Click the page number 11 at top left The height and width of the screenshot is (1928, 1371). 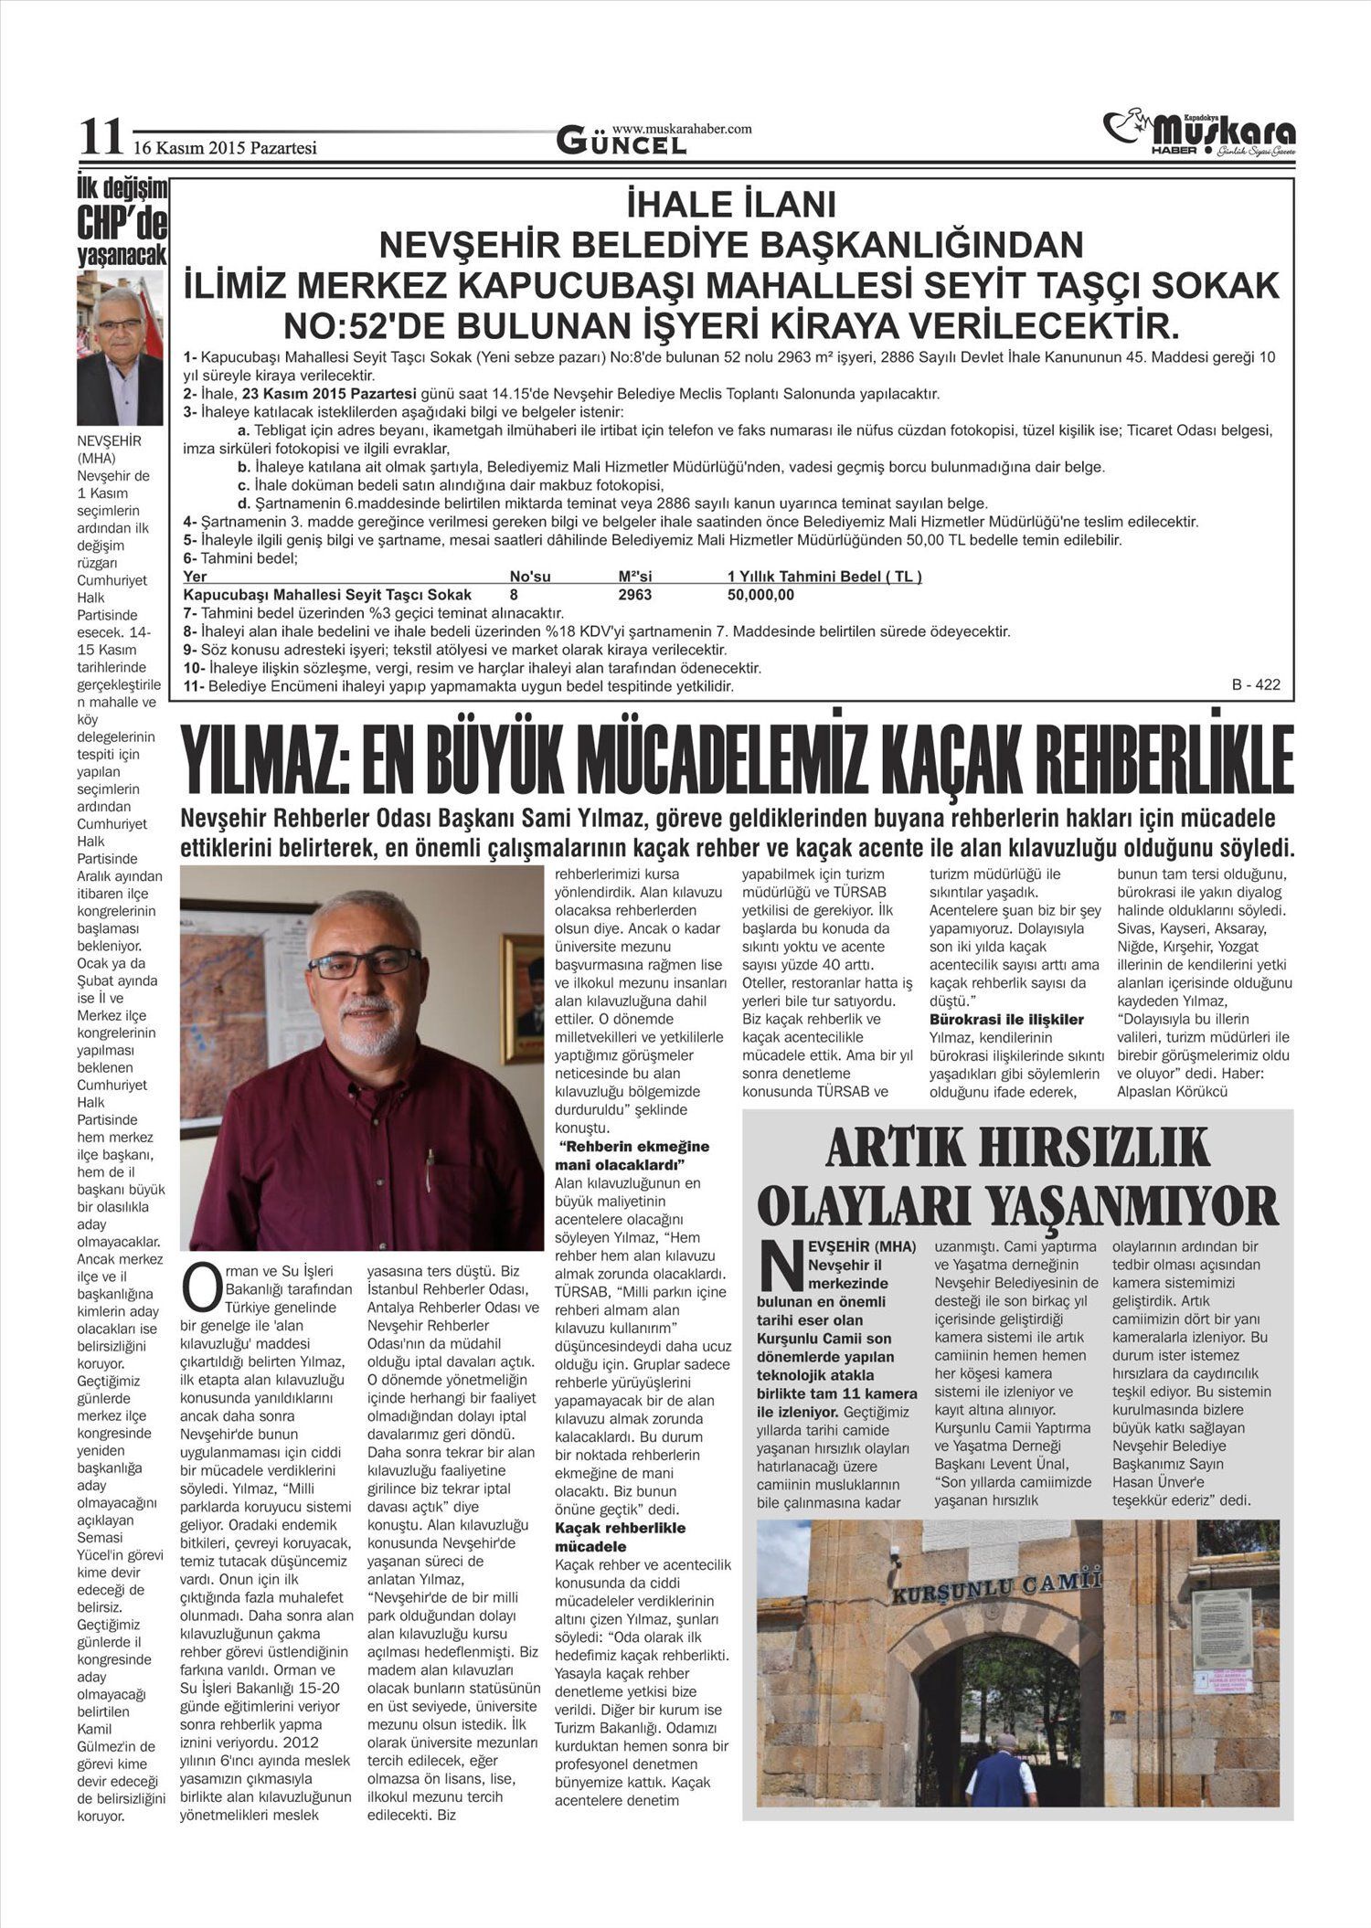tap(100, 137)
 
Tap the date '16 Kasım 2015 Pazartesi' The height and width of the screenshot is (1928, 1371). tap(225, 146)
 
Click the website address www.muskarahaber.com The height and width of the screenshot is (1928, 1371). tap(681, 129)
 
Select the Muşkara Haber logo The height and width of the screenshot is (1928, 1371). tap(1199, 132)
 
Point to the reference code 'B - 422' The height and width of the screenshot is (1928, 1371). tap(1257, 684)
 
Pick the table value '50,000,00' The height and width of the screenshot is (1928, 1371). tap(760, 595)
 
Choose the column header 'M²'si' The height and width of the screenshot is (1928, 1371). tap(634, 577)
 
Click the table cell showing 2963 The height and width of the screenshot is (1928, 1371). tap(634, 595)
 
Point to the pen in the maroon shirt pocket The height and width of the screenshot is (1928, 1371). tap(430, 1168)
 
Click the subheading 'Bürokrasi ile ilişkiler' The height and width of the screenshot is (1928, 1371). tap(1006, 1019)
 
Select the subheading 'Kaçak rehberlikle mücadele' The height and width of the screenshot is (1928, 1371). tap(621, 1537)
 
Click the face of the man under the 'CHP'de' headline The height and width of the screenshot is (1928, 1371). tap(121, 323)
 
